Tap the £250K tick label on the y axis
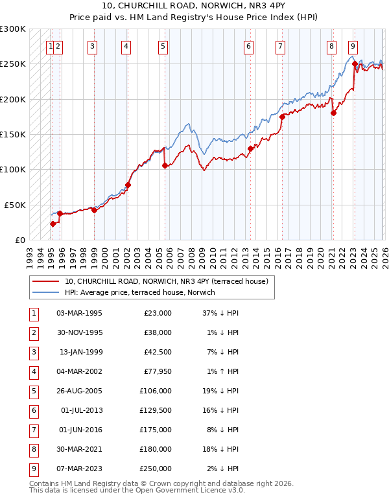tap(13, 64)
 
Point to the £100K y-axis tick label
tap(13, 169)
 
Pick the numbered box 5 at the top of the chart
tap(163, 46)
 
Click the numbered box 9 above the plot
tap(352, 46)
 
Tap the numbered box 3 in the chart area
tap(93, 46)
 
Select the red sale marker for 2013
tap(250, 149)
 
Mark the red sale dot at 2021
tap(333, 113)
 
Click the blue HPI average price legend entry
tap(139, 292)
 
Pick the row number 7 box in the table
tap(32, 430)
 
